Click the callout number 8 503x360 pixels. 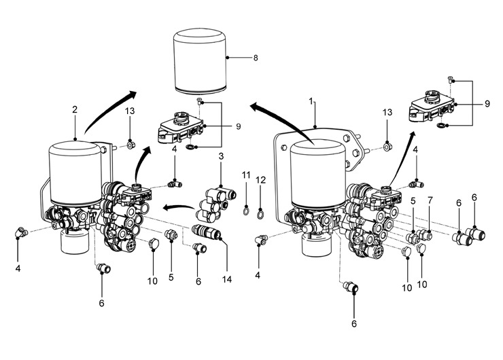[255, 58]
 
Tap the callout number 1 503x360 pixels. [311, 101]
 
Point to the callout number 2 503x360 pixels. [75, 109]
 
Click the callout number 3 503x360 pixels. [221, 158]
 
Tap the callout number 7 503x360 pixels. [430, 202]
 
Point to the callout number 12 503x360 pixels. [261, 179]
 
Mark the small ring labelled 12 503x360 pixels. [261, 216]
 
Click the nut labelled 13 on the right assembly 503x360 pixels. [386, 145]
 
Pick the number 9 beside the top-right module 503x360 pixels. [487, 104]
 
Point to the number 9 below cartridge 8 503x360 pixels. [237, 126]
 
